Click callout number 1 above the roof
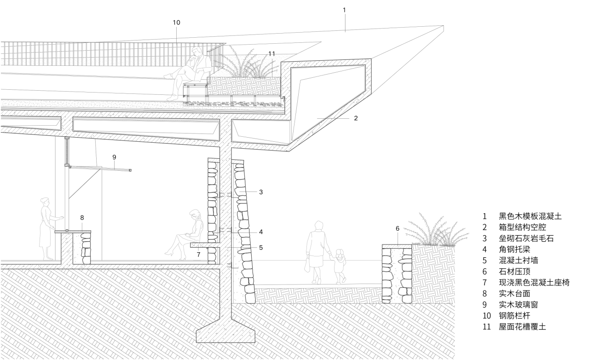(344, 10)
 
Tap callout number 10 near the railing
(177, 23)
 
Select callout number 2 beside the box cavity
(356, 118)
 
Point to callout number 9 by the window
(114, 157)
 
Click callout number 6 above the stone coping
(398, 229)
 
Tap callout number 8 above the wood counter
(82, 217)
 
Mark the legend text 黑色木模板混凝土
(530, 216)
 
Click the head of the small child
(340, 254)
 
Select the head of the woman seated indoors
(195, 214)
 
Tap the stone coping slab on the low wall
(397, 245)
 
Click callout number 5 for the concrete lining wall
(260, 248)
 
